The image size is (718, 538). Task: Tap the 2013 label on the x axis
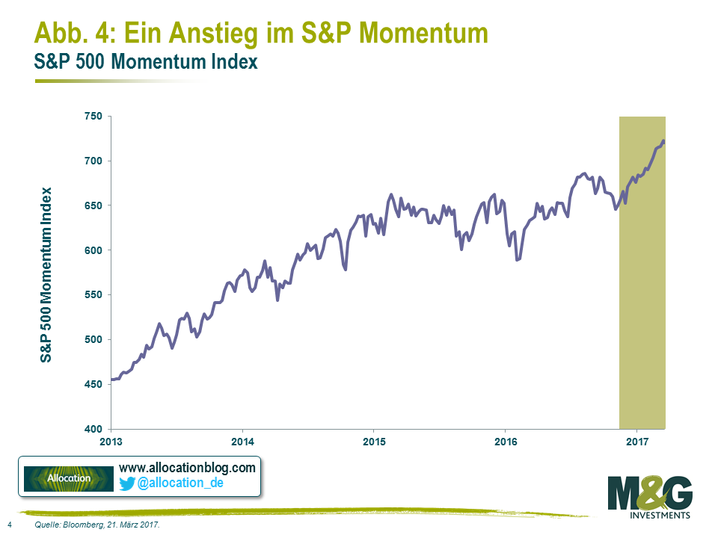click(111, 441)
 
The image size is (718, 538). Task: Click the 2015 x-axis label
click(374, 441)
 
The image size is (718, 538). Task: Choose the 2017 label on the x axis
click(636, 441)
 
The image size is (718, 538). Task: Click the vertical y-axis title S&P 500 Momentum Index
click(47, 274)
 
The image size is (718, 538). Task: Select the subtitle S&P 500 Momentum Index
click(146, 62)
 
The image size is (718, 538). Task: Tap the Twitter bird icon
click(127, 483)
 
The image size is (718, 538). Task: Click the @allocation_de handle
click(180, 483)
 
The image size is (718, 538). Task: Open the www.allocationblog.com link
click(187, 468)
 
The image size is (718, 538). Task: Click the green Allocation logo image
click(69, 478)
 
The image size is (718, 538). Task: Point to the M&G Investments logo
click(650, 497)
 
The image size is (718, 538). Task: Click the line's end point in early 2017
click(665, 141)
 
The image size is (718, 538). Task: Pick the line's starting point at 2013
click(111, 380)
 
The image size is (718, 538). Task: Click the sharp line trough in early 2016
click(518, 260)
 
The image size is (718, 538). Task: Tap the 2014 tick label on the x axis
click(242, 441)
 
